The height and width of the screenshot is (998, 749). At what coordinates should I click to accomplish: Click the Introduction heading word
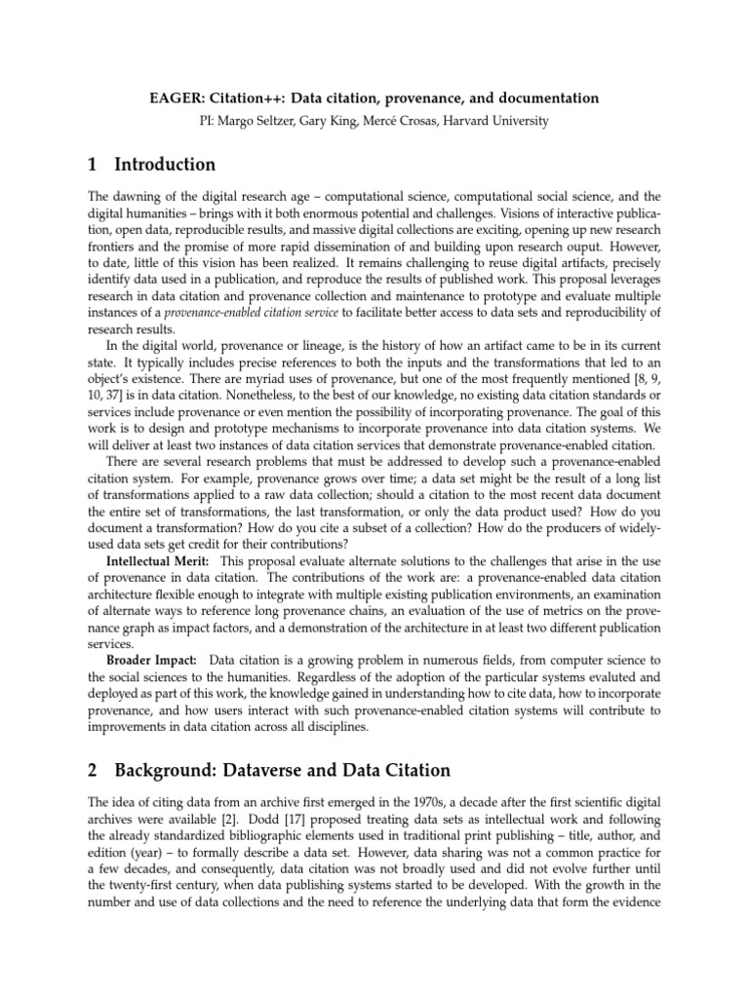click(x=165, y=164)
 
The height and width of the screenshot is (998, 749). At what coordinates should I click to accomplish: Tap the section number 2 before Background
click(x=92, y=770)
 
